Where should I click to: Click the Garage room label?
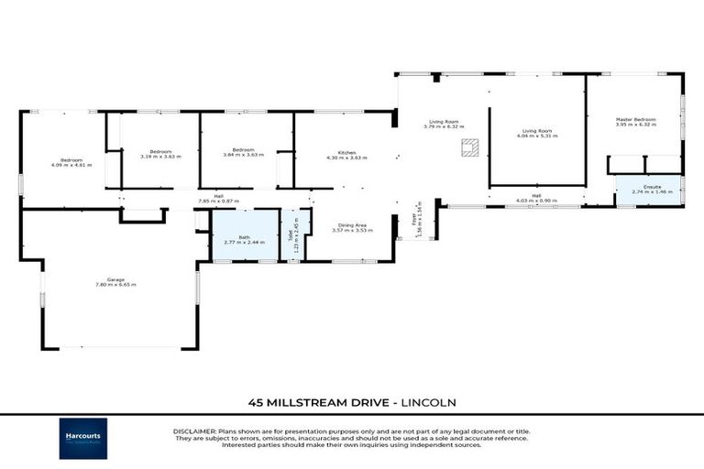click(115, 279)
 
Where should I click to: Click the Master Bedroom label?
click(635, 120)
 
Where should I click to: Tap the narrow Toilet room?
click(294, 236)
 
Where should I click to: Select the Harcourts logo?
click(83, 438)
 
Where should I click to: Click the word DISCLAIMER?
click(194, 431)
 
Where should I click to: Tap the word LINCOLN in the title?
click(426, 401)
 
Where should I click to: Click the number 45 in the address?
click(258, 401)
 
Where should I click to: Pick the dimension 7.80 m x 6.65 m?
click(115, 286)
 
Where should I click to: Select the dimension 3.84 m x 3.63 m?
click(243, 156)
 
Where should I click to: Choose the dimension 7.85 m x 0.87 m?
click(218, 200)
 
